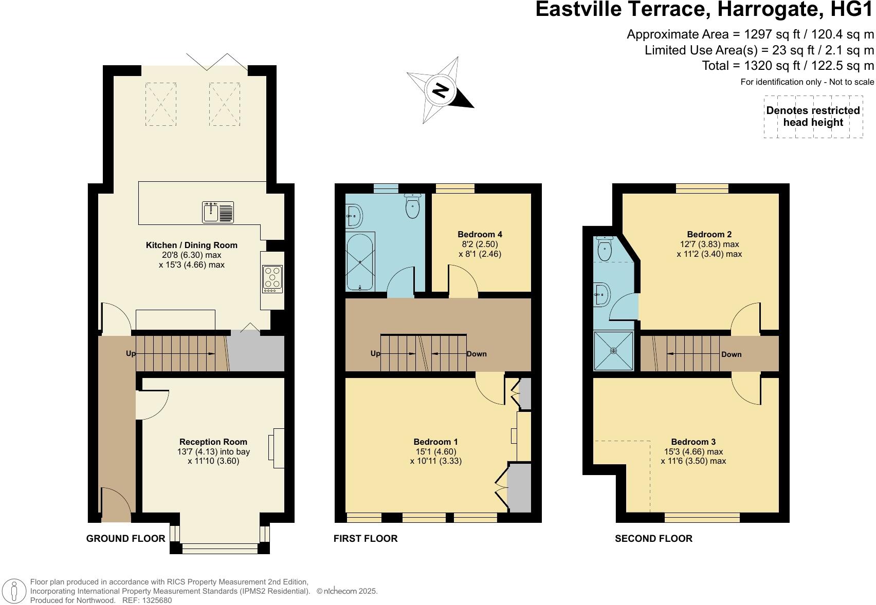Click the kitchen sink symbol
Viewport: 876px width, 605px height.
click(x=218, y=212)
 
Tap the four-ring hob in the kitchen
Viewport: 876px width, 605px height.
click(x=272, y=279)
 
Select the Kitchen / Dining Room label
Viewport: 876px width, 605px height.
click(x=192, y=245)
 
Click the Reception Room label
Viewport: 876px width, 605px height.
click(x=213, y=442)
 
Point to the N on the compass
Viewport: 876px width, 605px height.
click(x=441, y=90)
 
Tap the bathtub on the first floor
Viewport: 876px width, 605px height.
click(x=360, y=262)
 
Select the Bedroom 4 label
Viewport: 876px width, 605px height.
click(x=480, y=234)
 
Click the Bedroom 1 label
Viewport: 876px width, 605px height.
click(x=435, y=442)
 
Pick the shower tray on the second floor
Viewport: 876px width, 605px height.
click(x=613, y=350)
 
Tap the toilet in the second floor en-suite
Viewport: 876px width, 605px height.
click(x=605, y=249)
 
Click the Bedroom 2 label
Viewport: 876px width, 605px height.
click(x=709, y=234)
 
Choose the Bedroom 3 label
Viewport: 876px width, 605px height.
click(x=693, y=442)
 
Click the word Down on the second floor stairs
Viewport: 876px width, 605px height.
click(x=732, y=354)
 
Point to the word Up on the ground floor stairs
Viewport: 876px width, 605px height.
click(x=131, y=353)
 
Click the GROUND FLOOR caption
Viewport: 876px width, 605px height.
click(x=125, y=539)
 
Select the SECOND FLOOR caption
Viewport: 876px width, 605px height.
click(x=653, y=539)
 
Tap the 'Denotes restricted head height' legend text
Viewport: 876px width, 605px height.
click(x=813, y=117)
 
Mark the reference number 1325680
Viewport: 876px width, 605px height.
click(x=157, y=600)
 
